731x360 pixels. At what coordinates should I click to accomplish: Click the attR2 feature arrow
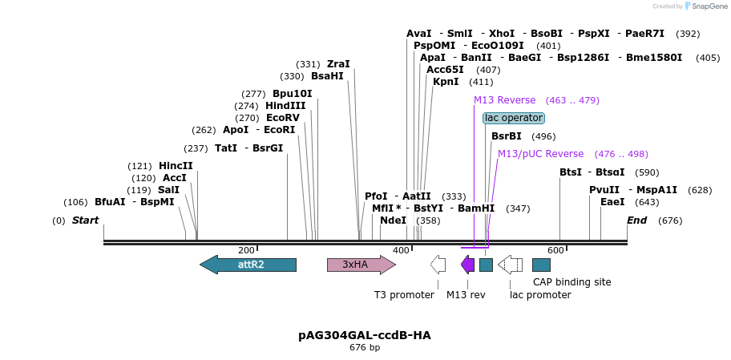click(248, 265)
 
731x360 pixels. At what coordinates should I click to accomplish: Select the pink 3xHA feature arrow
click(361, 265)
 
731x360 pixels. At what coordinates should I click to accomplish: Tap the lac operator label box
click(514, 118)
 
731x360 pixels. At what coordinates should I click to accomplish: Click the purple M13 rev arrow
click(467, 265)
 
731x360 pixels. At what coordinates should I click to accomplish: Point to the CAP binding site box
click(541, 265)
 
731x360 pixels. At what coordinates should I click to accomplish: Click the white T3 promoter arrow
click(438, 265)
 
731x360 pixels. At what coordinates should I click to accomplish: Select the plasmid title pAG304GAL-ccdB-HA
click(365, 335)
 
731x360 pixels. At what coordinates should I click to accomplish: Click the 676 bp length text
click(365, 348)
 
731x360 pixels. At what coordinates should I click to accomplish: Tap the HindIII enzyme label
click(285, 106)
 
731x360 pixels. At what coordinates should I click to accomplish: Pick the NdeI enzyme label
click(393, 220)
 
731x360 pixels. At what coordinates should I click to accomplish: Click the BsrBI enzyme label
click(506, 136)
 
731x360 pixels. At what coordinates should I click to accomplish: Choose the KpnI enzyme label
click(446, 82)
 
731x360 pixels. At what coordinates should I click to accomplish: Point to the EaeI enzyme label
click(612, 202)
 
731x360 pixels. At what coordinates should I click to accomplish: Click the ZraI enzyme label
click(338, 64)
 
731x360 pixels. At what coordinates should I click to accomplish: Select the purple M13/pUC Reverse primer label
click(540, 154)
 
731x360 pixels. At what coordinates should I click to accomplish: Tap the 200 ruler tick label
click(246, 251)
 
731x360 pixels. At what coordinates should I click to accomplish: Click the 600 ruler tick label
click(555, 251)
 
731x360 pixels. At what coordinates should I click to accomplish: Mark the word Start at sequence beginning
click(86, 220)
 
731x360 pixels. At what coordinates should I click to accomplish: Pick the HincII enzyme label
click(176, 166)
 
